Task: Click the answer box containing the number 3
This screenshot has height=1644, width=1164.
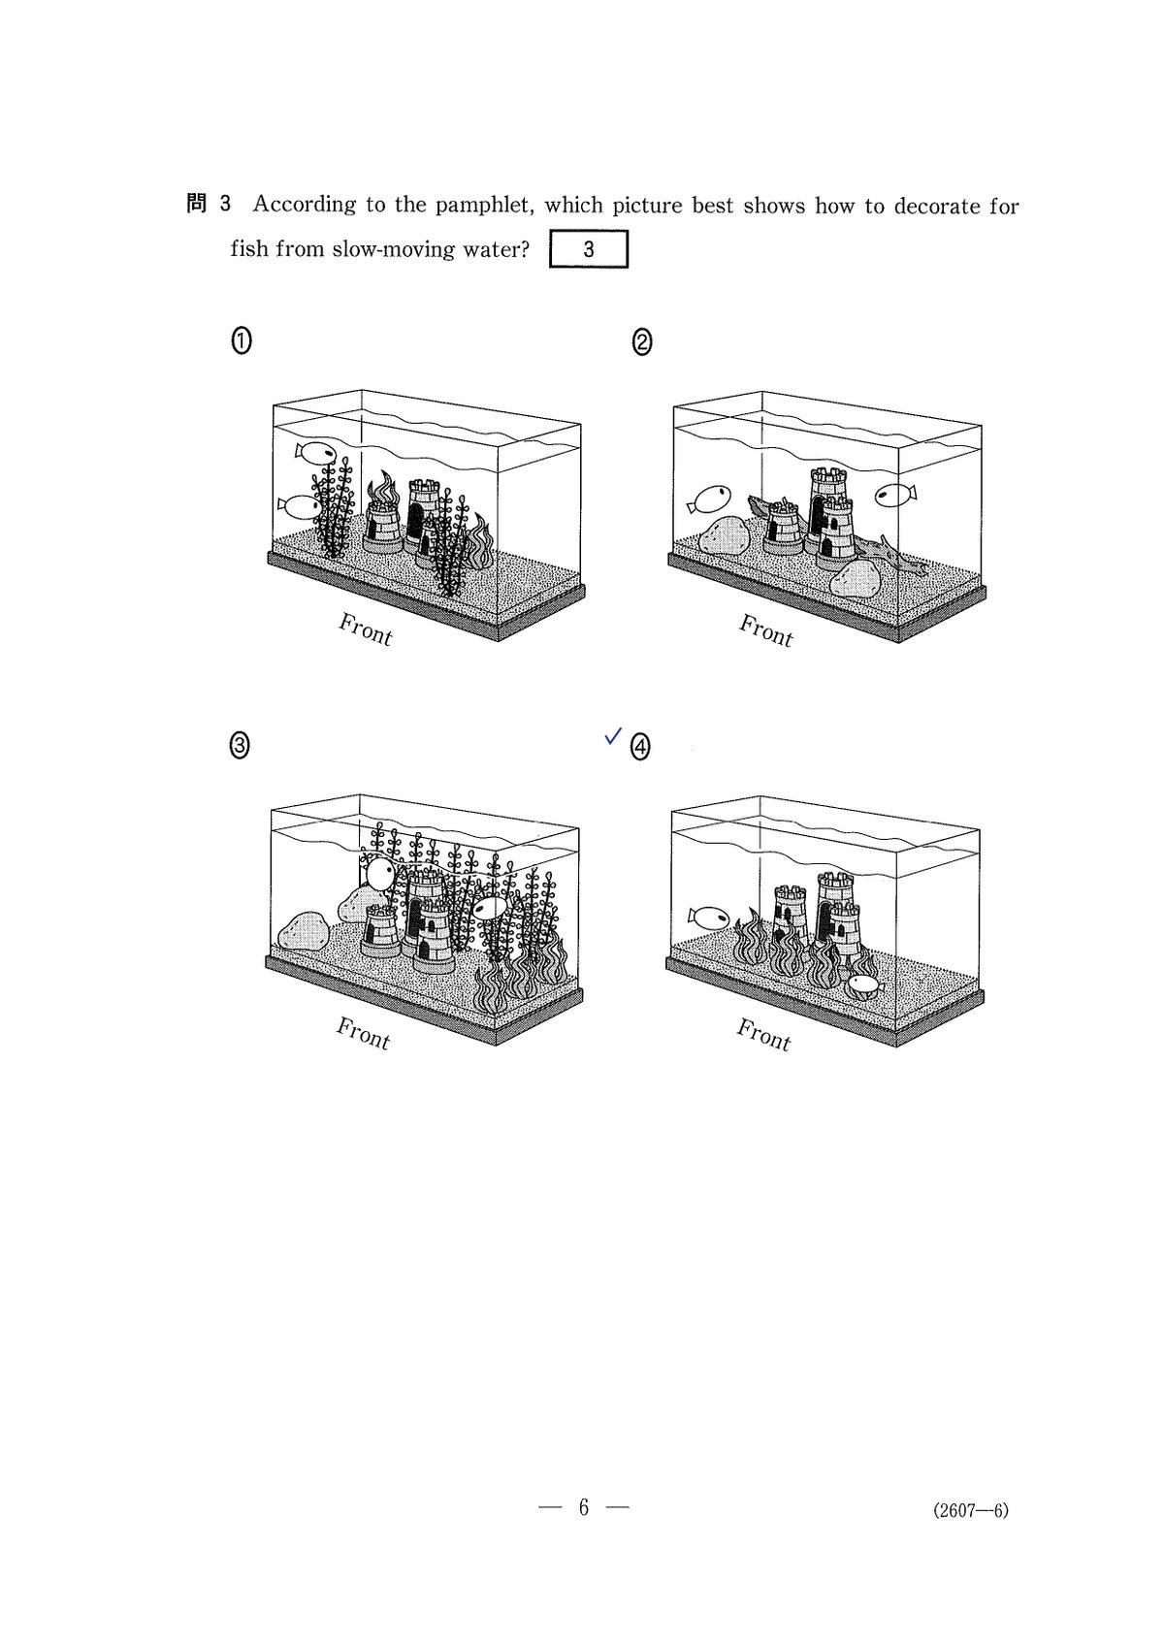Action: point(589,249)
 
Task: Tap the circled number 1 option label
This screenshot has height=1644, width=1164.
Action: point(242,341)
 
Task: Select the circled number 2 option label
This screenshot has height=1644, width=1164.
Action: point(641,342)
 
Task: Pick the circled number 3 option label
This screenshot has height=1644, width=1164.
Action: point(240,746)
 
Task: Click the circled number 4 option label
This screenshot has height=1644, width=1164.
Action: point(640,747)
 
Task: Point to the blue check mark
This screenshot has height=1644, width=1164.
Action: point(613,734)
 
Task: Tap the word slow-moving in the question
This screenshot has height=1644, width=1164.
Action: point(394,249)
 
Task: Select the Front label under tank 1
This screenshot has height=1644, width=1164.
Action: point(365,629)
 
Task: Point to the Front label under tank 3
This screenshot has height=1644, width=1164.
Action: point(363,1033)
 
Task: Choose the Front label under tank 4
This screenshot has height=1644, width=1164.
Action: point(763,1035)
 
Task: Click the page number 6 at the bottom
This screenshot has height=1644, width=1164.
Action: point(584,1507)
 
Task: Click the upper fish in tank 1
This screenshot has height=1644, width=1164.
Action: point(315,453)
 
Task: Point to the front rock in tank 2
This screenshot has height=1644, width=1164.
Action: point(855,579)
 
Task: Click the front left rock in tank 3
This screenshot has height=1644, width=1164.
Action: point(303,931)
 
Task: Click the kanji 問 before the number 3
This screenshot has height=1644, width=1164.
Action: point(197,204)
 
